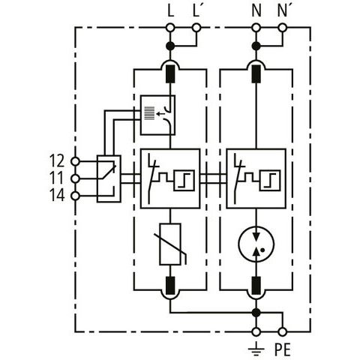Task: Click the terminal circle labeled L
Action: (x=170, y=28)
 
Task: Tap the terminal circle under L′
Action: (x=196, y=28)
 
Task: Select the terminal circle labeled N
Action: (x=256, y=28)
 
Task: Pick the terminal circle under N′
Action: (x=282, y=28)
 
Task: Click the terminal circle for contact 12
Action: (x=75, y=161)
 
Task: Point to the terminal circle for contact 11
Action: (x=75, y=178)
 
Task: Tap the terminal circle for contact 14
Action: (x=75, y=196)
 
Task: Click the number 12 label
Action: (x=57, y=160)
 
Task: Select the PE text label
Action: (x=283, y=349)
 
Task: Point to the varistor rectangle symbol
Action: (x=170, y=244)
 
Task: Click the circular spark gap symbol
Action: (x=256, y=244)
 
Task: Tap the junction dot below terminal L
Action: (x=170, y=46)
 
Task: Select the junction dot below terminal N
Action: (x=256, y=46)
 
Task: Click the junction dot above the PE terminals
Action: (x=256, y=312)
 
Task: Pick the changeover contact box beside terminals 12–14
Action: (x=109, y=178)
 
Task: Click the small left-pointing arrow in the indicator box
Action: (x=160, y=114)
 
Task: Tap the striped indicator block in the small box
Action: (x=150, y=113)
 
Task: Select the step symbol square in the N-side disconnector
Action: (x=270, y=180)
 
